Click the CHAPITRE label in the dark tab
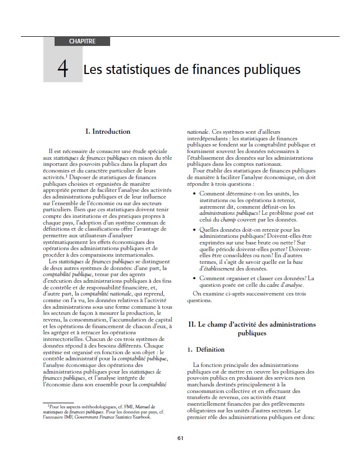[x=82, y=41]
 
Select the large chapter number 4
[x=63, y=69]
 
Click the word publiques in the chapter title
[x=269, y=69]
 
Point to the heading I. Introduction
[x=108, y=132]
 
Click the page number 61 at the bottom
[x=181, y=438]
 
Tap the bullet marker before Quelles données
[x=195, y=230]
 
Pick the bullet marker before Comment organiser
[x=195, y=278]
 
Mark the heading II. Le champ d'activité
[x=252, y=325]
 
